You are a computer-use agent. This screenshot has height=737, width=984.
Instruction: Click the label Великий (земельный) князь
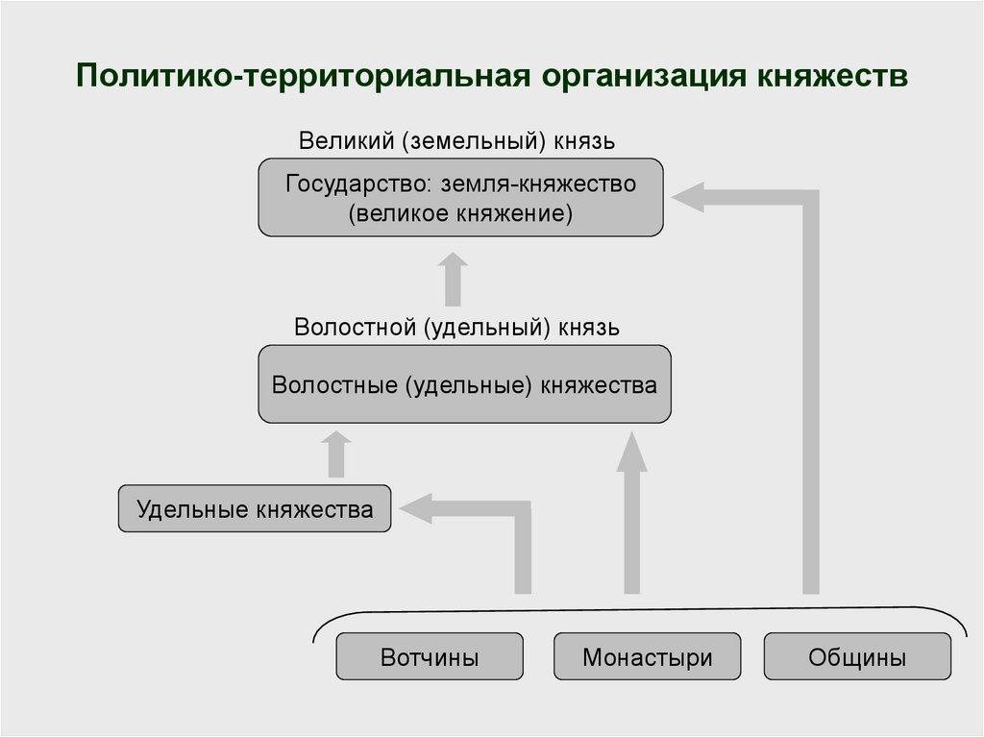click(456, 140)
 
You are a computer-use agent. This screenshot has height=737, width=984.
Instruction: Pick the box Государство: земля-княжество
click(460, 197)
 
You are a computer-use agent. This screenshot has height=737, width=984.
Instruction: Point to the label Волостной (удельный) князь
click(456, 327)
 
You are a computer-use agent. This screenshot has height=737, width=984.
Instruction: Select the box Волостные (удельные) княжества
click(464, 384)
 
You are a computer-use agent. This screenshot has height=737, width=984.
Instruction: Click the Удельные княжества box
click(255, 509)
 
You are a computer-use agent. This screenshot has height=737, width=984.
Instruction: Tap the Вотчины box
click(430, 657)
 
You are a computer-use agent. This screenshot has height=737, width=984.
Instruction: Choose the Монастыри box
click(648, 657)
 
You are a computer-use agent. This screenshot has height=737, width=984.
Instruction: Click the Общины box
click(857, 657)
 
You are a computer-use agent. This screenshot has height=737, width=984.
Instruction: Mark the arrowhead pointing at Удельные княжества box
click(416, 509)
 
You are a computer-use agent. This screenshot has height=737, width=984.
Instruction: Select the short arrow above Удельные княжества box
click(335, 454)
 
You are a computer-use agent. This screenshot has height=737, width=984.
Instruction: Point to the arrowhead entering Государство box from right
click(688, 198)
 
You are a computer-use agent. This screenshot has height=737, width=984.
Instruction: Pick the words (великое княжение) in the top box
click(460, 213)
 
